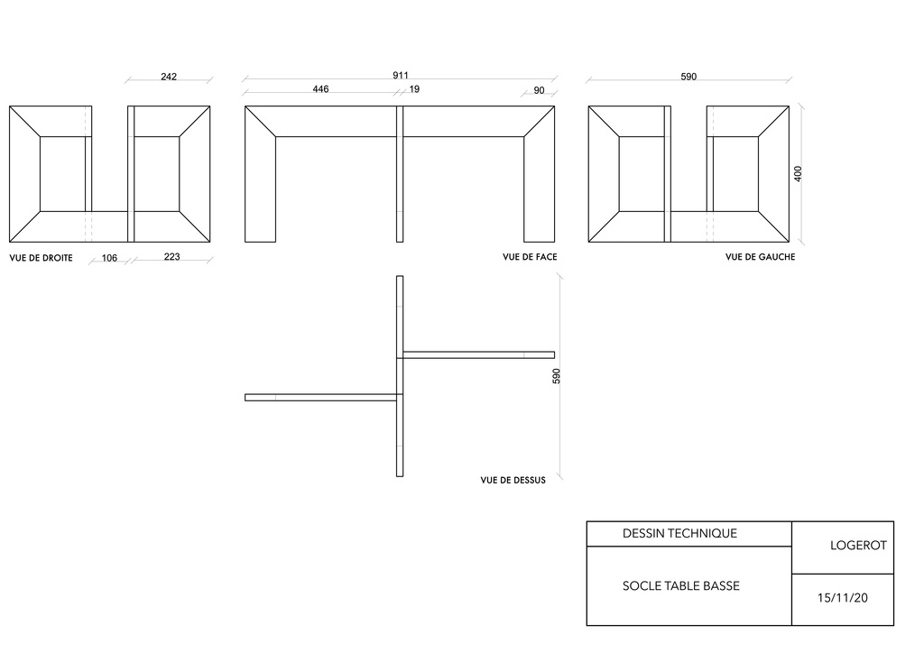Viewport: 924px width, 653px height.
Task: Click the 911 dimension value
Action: pyautogui.click(x=400, y=76)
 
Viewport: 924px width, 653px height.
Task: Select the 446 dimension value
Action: pyautogui.click(x=320, y=89)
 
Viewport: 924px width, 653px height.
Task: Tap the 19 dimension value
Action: pyautogui.click(x=414, y=89)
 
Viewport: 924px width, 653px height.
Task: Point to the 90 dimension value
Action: pyautogui.click(x=540, y=90)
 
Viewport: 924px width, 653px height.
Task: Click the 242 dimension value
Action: pyautogui.click(x=169, y=77)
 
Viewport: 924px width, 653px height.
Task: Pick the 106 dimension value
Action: pyautogui.click(x=109, y=258)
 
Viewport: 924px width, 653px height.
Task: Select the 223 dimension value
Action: pyautogui.click(x=171, y=257)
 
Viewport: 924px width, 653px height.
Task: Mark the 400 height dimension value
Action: pyautogui.click(x=798, y=174)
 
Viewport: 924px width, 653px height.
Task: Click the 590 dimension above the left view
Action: pyautogui.click(x=688, y=77)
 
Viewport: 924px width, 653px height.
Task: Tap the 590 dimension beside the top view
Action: pyautogui.click(x=556, y=376)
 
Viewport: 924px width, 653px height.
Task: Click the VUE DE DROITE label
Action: pyautogui.click(x=42, y=258)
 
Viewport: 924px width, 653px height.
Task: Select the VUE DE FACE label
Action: pyautogui.click(x=530, y=257)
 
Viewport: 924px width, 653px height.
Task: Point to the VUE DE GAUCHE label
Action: pyautogui.click(x=760, y=257)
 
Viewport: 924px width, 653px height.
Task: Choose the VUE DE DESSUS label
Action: pyautogui.click(x=513, y=480)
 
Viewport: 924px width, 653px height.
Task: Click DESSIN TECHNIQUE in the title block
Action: pyautogui.click(x=680, y=533)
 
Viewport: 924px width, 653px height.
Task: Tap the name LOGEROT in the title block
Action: pyautogui.click(x=858, y=546)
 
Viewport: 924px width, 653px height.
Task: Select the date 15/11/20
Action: pyautogui.click(x=842, y=598)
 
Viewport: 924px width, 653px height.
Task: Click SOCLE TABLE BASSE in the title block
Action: pyautogui.click(x=680, y=586)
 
